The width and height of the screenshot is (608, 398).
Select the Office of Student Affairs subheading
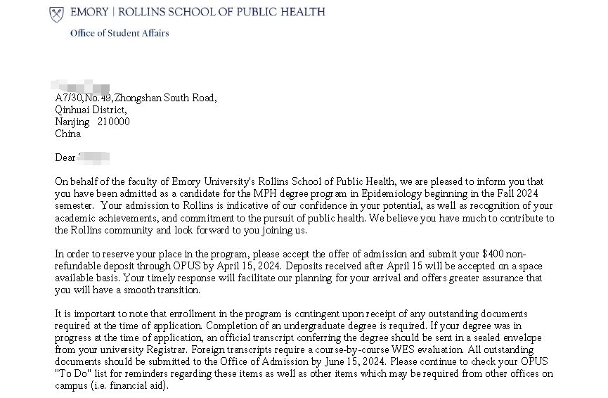click(119, 33)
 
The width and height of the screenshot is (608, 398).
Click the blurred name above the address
click(83, 84)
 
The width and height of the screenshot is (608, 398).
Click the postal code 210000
click(113, 122)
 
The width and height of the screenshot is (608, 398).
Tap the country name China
click(67, 134)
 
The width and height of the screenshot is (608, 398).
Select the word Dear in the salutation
click(65, 158)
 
